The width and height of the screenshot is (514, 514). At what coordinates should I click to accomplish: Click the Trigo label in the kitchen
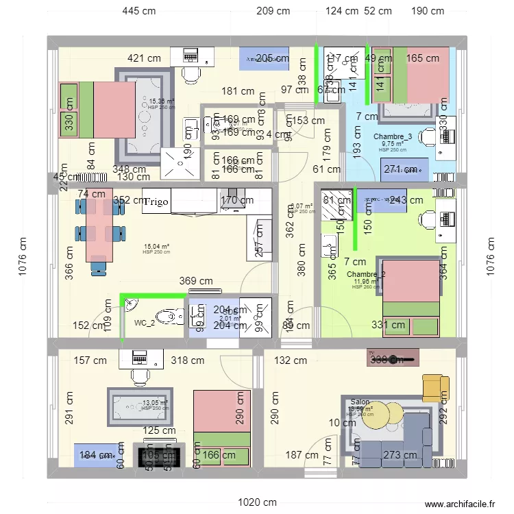pos(156,201)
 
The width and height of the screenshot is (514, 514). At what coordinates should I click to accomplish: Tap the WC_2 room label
pos(144,323)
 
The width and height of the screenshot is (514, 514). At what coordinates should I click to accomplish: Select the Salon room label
pos(360,403)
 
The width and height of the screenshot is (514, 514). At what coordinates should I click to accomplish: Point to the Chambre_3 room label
pos(393,137)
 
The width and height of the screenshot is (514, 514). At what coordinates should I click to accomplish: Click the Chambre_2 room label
pos(366,275)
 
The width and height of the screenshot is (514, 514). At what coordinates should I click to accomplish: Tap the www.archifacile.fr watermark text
pos(458,502)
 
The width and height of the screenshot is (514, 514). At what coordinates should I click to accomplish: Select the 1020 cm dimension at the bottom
pos(257,502)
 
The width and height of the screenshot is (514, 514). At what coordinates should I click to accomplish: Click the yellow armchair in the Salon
pos(433,387)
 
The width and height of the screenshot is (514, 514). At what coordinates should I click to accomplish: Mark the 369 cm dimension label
pos(196,281)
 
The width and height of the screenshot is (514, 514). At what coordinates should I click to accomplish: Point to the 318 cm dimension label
pos(188,360)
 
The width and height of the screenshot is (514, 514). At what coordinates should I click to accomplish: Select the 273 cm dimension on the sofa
pos(400,455)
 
